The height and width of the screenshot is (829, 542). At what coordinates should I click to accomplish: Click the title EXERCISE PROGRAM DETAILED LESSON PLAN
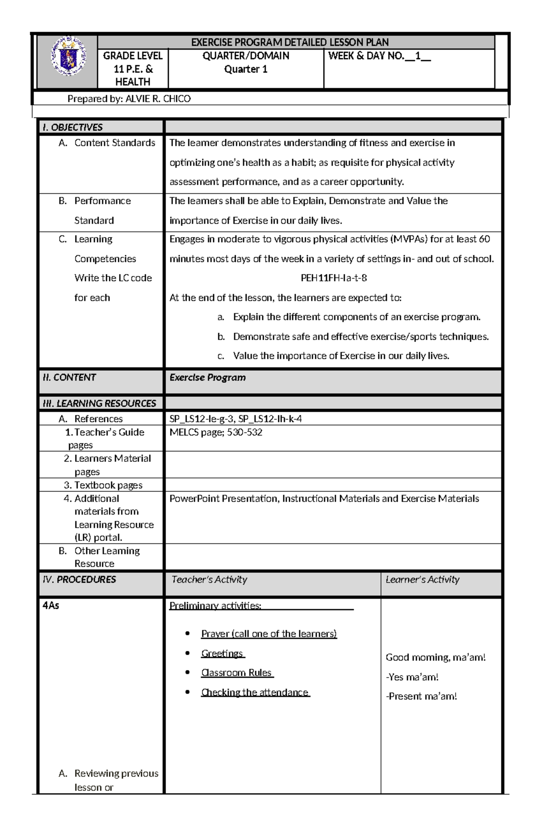click(x=290, y=42)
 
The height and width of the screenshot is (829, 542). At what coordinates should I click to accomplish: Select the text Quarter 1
click(x=246, y=69)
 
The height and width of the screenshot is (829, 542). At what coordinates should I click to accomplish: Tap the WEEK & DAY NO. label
click(x=366, y=56)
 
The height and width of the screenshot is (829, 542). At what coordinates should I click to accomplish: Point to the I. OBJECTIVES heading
click(x=73, y=127)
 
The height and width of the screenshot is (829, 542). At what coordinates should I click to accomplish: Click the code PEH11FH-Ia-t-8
click(x=333, y=278)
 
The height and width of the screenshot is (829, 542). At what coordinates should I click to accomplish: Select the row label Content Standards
click(x=115, y=143)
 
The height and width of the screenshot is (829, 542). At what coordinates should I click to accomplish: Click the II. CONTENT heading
click(x=69, y=377)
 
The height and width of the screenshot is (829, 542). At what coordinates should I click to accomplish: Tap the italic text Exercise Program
click(x=207, y=377)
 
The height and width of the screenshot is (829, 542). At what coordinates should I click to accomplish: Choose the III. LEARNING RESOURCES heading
click(x=99, y=403)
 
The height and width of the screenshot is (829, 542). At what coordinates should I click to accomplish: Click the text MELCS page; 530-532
click(x=215, y=432)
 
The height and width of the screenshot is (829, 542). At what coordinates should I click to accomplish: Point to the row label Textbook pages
click(x=108, y=485)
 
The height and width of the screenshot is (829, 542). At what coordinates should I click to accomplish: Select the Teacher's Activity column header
click(x=209, y=579)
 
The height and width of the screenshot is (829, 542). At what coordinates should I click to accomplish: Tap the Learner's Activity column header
click(x=422, y=579)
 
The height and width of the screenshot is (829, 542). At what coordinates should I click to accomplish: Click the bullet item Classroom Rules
click(x=236, y=673)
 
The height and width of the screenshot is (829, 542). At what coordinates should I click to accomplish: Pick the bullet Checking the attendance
click(x=255, y=692)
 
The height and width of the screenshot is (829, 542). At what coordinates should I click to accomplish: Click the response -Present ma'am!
click(x=421, y=696)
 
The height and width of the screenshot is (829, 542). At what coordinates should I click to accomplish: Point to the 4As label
click(x=51, y=605)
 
